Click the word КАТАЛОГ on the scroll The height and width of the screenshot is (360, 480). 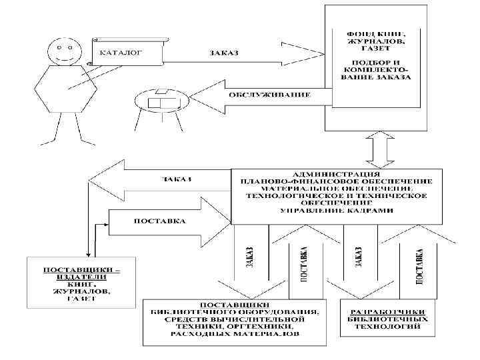click(x=121, y=51)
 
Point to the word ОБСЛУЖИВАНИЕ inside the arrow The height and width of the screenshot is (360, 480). click(x=270, y=95)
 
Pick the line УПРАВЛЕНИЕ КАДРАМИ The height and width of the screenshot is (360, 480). click(x=336, y=210)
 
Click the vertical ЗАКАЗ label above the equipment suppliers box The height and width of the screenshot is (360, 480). click(x=249, y=257)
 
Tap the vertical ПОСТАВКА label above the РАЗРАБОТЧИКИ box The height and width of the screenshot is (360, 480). click(x=420, y=267)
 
